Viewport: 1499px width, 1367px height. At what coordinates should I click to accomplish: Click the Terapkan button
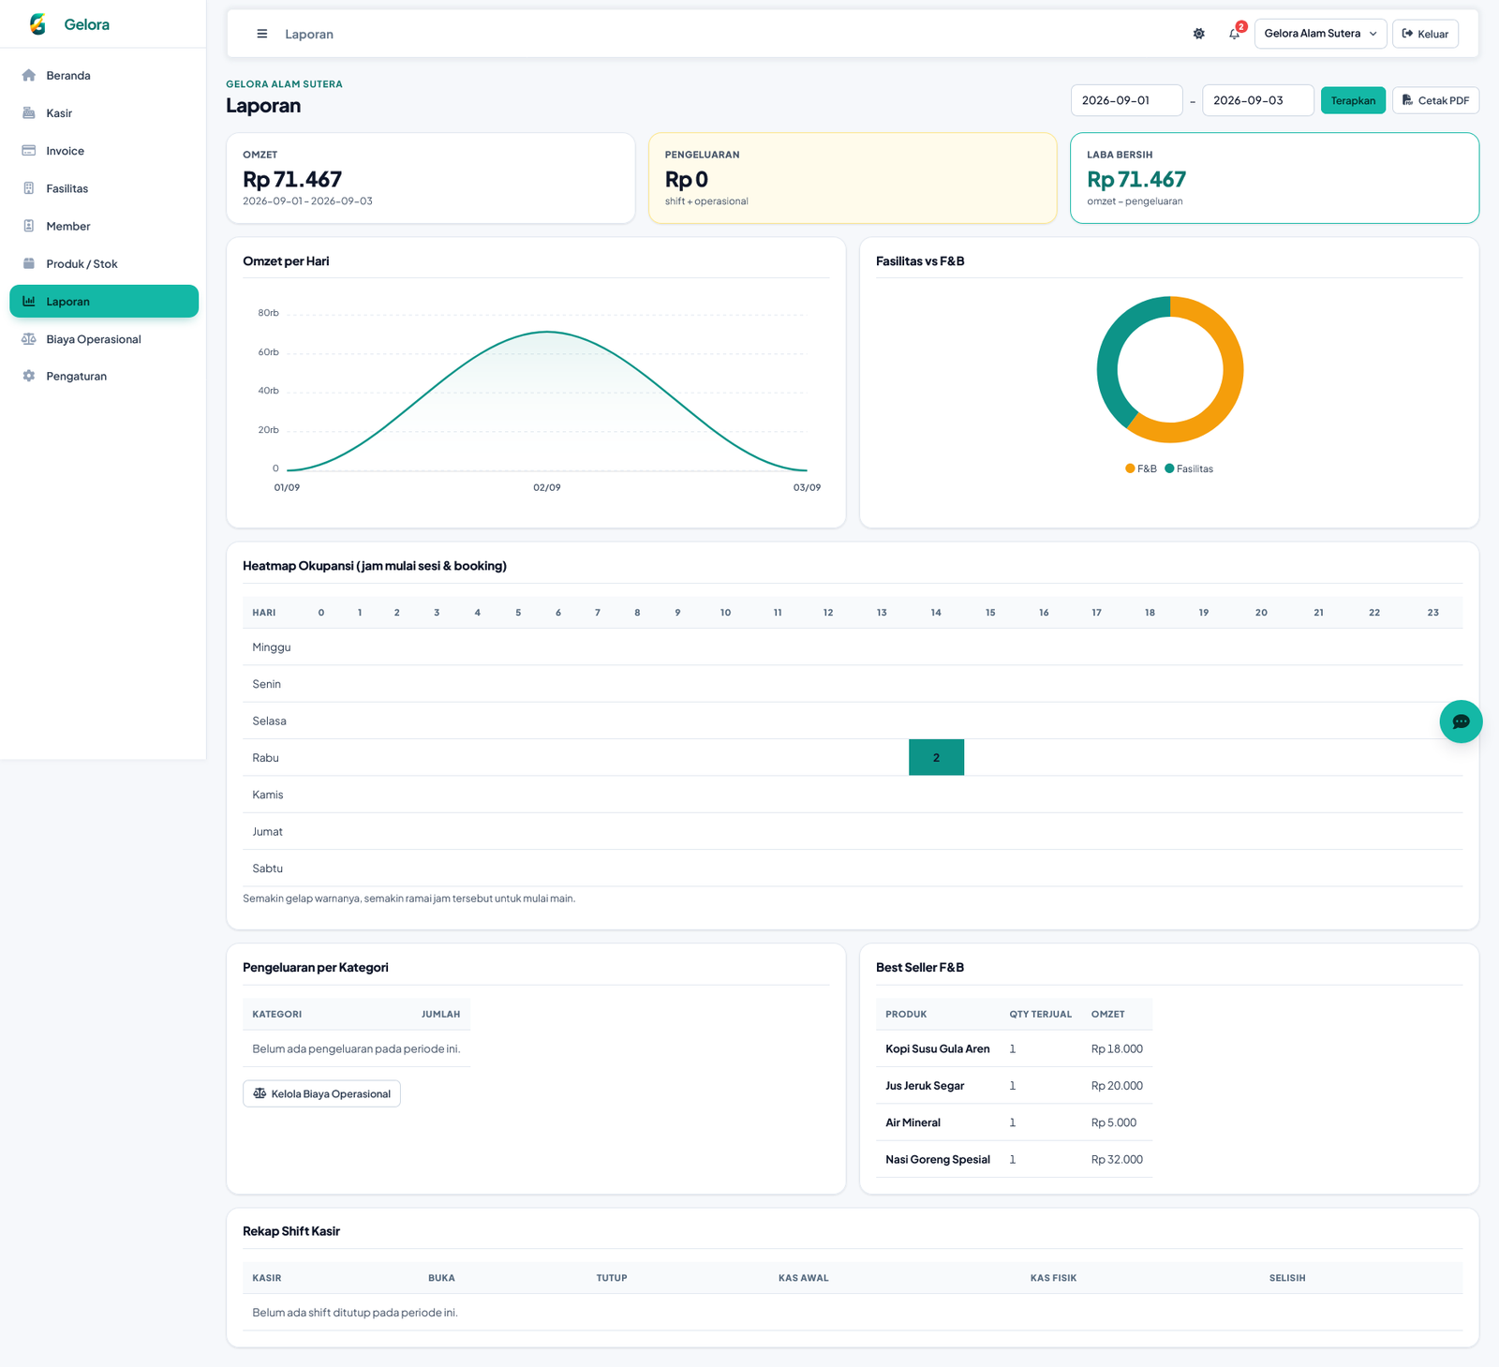click(x=1353, y=100)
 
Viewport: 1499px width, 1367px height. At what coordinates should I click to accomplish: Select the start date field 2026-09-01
click(x=1126, y=100)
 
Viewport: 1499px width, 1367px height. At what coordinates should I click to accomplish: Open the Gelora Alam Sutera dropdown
click(x=1320, y=34)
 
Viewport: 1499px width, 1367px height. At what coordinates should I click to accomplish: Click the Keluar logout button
click(x=1425, y=34)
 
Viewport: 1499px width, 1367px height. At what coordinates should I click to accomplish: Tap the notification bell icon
click(x=1235, y=34)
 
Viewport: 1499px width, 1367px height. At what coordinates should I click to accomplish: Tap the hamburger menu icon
click(x=262, y=34)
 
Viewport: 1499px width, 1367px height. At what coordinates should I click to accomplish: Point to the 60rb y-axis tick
click(x=268, y=352)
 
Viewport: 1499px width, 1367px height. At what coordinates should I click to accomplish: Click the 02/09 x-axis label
click(x=547, y=487)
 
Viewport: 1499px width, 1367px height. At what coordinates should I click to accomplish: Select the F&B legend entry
click(x=1141, y=468)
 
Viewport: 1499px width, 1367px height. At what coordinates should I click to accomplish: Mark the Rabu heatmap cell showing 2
click(x=936, y=757)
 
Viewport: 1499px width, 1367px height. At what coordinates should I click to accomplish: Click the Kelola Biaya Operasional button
click(x=321, y=1093)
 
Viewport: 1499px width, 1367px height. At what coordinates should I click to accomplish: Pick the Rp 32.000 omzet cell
click(x=1117, y=1159)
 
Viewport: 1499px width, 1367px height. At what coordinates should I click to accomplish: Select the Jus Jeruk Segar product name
click(x=925, y=1086)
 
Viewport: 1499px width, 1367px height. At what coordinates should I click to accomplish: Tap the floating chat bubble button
click(x=1461, y=721)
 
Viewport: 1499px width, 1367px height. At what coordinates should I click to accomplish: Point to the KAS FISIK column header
click(x=1053, y=1278)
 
